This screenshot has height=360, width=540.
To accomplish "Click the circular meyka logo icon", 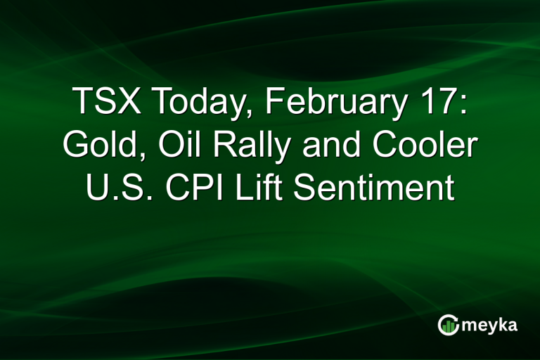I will click(448, 324).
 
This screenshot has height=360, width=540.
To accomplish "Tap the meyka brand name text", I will click(491, 325).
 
